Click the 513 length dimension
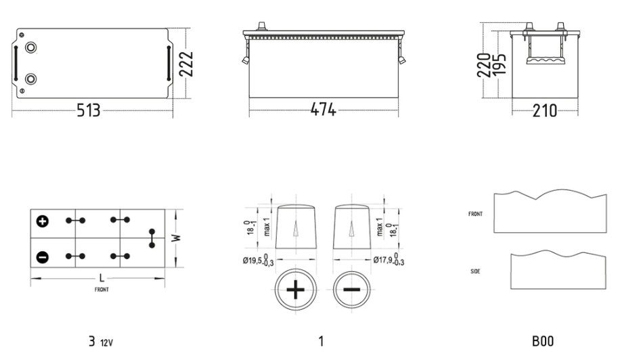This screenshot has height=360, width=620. (88, 110)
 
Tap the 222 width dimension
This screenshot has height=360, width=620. (186, 64)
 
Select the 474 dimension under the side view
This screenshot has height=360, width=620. (323, 110)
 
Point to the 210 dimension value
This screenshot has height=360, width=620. (544, 111)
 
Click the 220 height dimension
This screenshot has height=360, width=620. (484, 65)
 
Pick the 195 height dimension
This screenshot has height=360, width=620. (499, 64)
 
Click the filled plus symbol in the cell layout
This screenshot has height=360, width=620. (43, 221)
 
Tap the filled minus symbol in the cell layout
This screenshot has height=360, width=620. (43, 257)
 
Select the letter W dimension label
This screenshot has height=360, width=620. (177, 238)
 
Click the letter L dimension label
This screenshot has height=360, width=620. (102, 278)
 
